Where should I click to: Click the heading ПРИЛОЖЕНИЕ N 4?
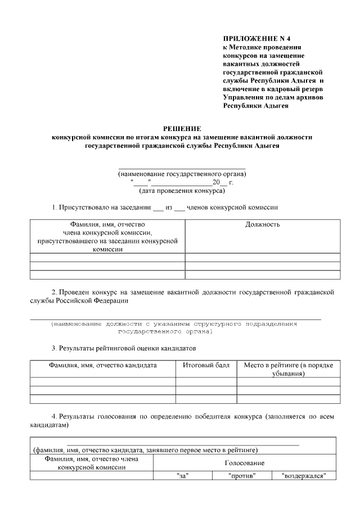(x=251, y=39)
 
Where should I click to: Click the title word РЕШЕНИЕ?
(x=181, y=129)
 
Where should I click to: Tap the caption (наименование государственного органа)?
(x=182, y=174)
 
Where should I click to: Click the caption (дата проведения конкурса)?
(x=182, y=191)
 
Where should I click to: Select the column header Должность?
(x=263, y=224)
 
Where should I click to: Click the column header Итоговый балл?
(x=206, y=365)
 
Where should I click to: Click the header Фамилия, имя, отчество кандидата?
(x=102, y=365)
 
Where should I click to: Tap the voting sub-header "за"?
(x=182, y=476)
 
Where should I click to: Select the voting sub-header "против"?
(x=242, y=476)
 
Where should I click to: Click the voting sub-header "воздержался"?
(x=304, y=476)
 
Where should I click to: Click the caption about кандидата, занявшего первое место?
(x=145, y=450)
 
